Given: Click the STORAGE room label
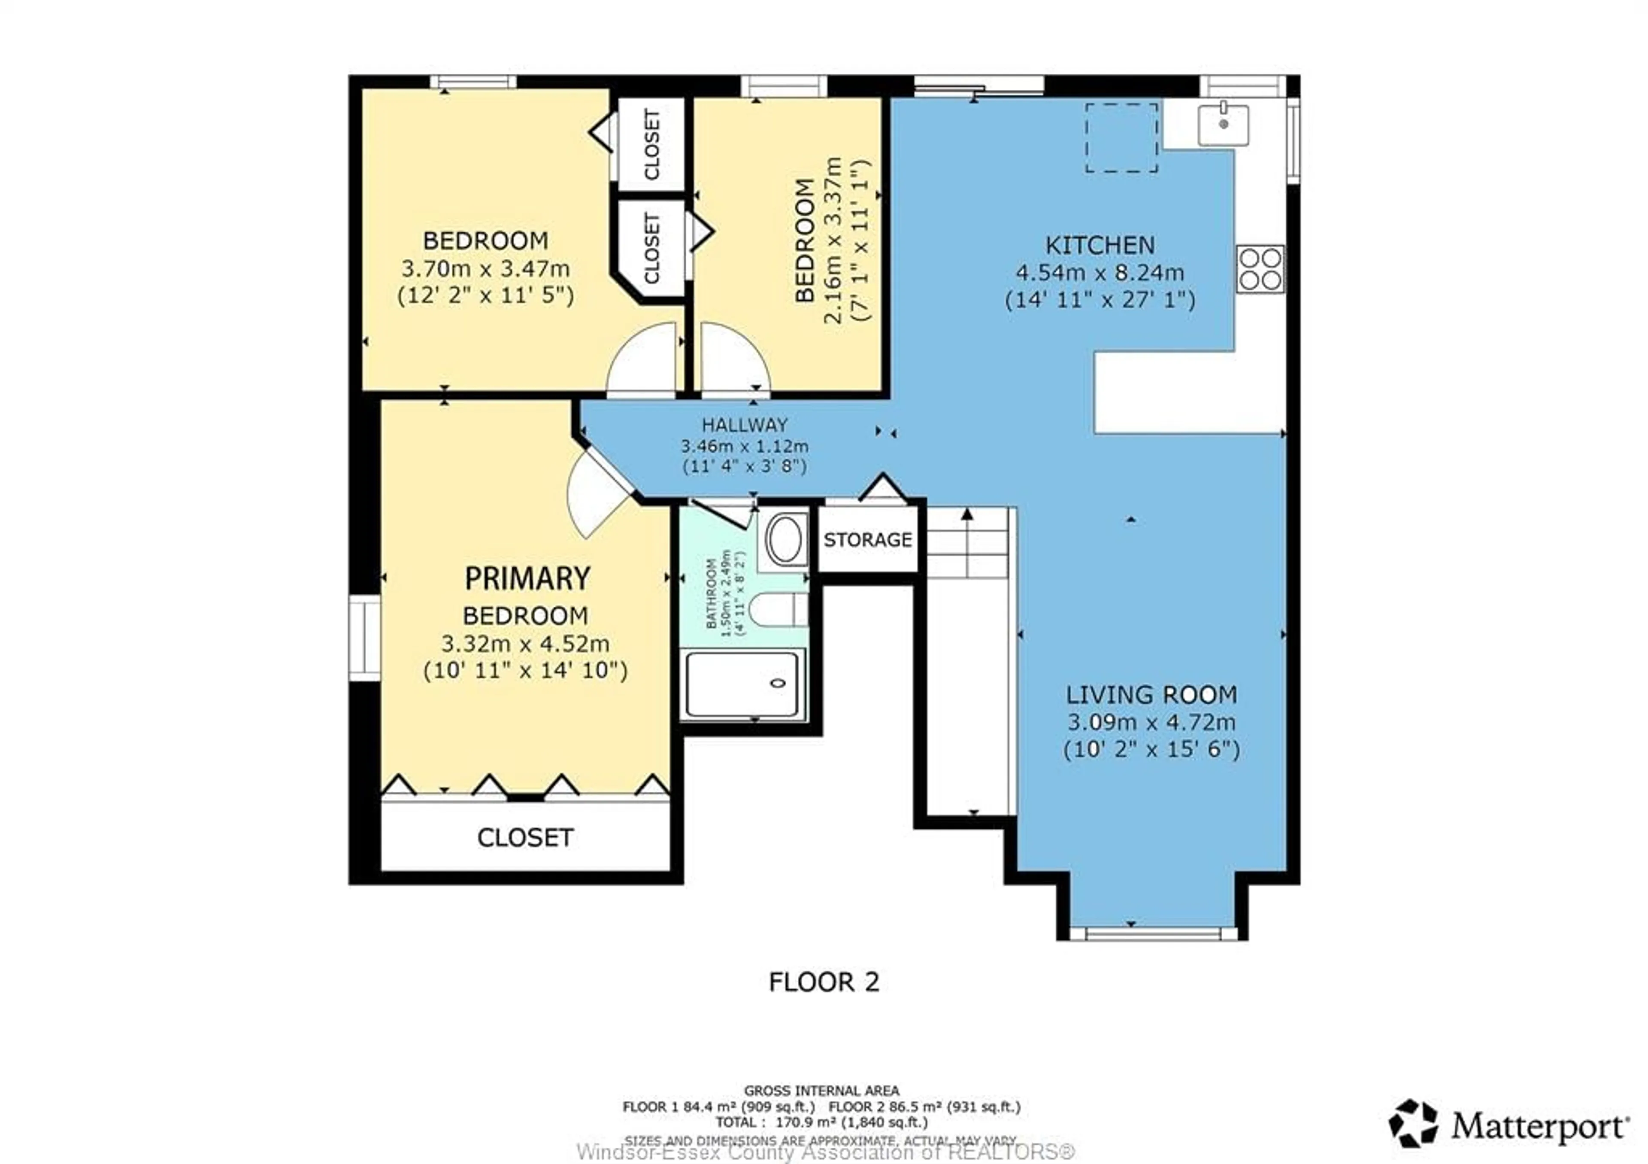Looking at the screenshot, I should click(868, 540).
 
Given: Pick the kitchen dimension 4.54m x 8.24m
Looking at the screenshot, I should click(1100, 273).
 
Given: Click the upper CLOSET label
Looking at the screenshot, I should click(652, 144).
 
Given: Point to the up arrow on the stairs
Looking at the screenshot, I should click(967, 514).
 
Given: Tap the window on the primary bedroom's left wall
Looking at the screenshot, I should click(365, 637).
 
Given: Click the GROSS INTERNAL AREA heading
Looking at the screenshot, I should click(821, 1091).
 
